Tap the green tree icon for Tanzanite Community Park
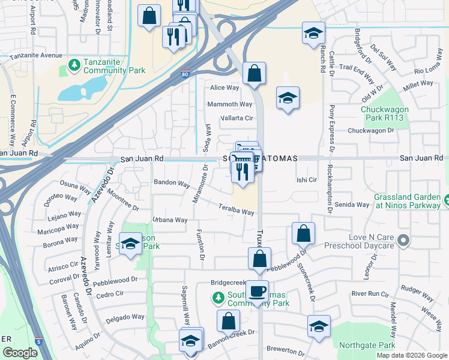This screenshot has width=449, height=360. pyautogui.click(x=74, y=64)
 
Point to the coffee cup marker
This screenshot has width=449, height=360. pyautogui.click(x=257, y=292)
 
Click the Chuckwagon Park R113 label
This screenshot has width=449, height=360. pyautogui.click(x=385, y=113)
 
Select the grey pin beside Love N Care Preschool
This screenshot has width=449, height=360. pyautogui.click(x=403, y=241)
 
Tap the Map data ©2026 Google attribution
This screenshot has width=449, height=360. pyautogui.click(x=411, y=355)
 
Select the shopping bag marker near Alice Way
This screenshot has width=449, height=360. pyautogui.click(x=255, y=74)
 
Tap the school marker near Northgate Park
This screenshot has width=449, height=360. pyautogui.click(x=318, y=326)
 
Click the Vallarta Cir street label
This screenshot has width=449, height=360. pyautogui.click(x=237, y=118)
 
